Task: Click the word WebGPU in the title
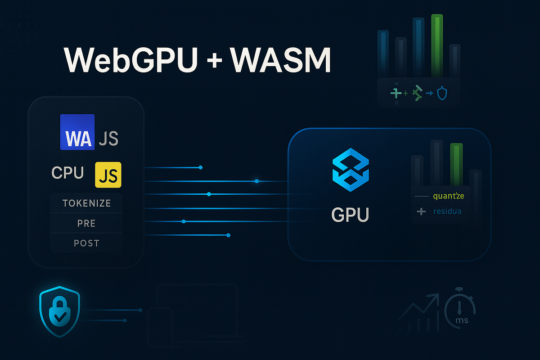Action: [x=130, y=60]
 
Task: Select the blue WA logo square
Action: [x=77, y=132]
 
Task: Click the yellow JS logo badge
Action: [x=108, y=175]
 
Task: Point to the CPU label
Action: [x=67, y=173]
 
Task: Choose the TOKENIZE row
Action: [x=86, y=203]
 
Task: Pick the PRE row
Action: [x=86, y=223]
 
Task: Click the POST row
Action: [x=86, y=243]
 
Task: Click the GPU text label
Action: [x=350, y=215]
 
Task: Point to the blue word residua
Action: [x=447, y=211]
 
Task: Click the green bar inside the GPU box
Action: [x=456, y=164]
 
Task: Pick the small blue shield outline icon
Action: [x=443, y=94]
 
